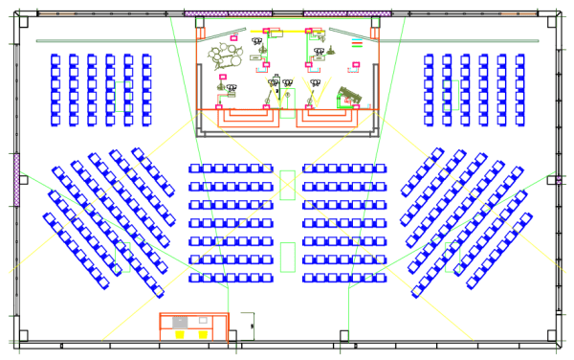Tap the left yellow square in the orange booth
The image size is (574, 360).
[x=180, y=334]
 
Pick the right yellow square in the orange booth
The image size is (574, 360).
[x=202, y=334]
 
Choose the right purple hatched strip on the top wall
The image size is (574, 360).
[x=347, y=13]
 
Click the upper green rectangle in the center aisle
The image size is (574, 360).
[x=287, y=185]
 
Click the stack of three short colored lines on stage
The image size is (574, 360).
[x=356, y=44]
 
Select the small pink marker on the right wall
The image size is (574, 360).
[x=557, y=179]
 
